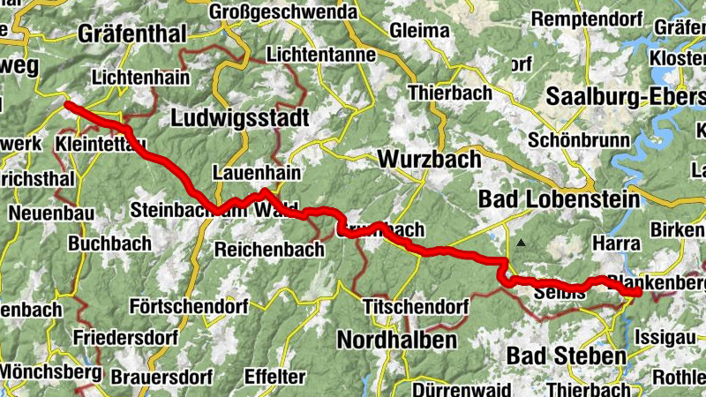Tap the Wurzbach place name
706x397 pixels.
coord(429,160)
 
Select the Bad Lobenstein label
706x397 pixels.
coord(559,200)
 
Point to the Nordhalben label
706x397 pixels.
coord(397,340)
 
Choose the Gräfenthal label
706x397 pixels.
coord(131,34)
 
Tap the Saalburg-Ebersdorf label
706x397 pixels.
coord(626,96)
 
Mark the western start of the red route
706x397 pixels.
coord(68,105)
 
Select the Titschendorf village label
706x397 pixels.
coord(415,307)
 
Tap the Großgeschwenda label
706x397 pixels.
coord(283,12)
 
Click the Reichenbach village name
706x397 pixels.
coord(269,250)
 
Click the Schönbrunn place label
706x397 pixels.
coord(578,140)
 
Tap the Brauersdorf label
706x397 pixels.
coord(161,377)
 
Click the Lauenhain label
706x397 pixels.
coord(256,173)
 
